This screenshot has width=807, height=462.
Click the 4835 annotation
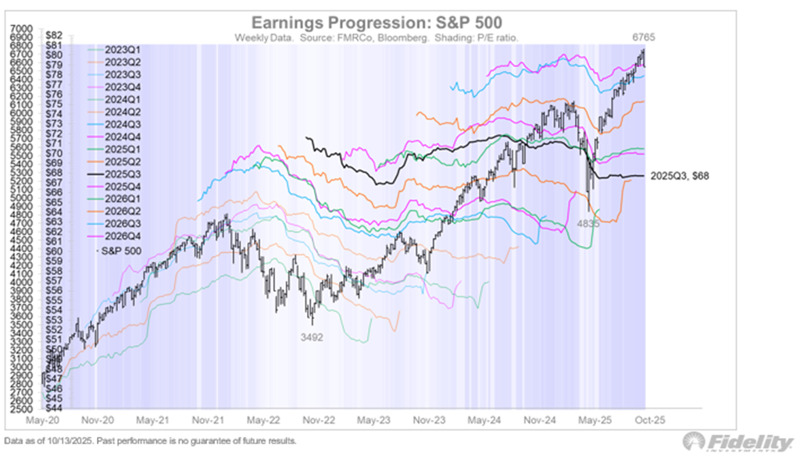click(x=588, y=223)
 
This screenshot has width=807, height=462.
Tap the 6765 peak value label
click(x=643, y=37)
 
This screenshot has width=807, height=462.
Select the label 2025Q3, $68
click(x=680, y=176)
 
